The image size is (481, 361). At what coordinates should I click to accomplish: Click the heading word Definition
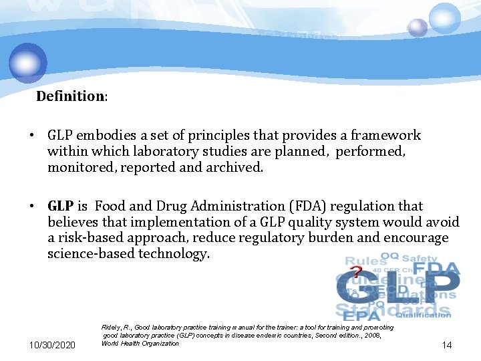(70, 96)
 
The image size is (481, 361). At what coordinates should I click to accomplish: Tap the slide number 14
(446, 345)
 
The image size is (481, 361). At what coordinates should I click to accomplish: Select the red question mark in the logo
(357, 273)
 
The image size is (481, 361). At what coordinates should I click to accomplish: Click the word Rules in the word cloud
(365, 260)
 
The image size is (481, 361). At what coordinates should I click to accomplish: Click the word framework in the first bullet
(386, 136)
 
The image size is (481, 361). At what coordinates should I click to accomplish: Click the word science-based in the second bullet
(91, 254)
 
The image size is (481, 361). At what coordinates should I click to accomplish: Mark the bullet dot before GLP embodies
(31, 136)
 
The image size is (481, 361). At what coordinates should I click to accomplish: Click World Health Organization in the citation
(140, 343)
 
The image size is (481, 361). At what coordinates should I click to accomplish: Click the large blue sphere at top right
(444, 17)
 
